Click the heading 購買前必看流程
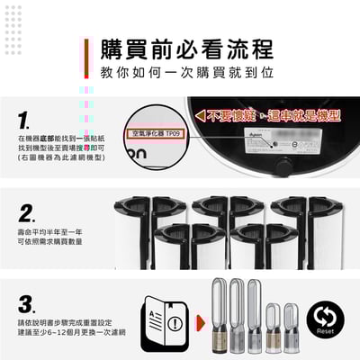tap(187, 49)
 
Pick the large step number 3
tap(27, 303)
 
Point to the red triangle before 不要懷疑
tap(199, 116)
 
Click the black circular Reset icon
tap(326, 317)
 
